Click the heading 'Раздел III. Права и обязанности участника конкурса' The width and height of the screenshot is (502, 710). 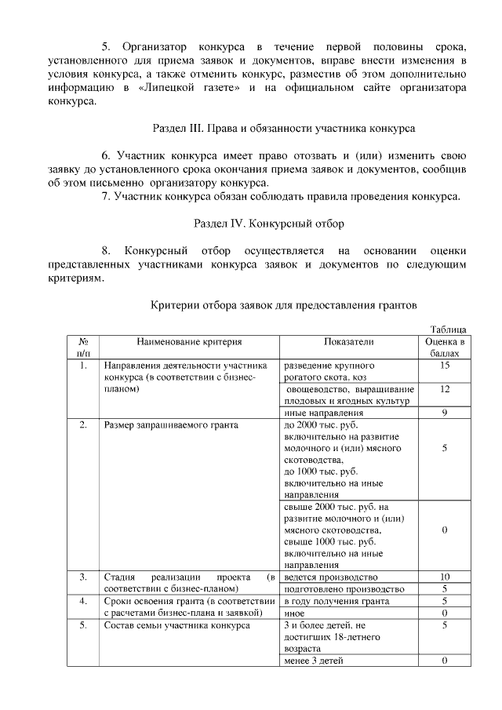pyautogui.click(x=282, y=126)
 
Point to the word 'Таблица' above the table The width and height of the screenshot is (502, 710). pyautogui.click(x=449, y=330)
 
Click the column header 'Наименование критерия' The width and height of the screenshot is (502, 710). pyautogui.click(x=189, y=342)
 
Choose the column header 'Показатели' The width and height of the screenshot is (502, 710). pyautogui.click(x=349, y=342)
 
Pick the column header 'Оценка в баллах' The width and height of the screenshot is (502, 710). pyautogui.click(x=445, y=348)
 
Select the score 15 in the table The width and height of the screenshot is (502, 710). pyautogui.click(x=445, y=366)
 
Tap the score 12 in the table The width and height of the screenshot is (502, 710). pyautogui.click(x=445, y=389)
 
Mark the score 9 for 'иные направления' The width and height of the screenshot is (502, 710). pyautogui.click(x=445, y=413)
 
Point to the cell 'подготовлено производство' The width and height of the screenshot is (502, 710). pyautogui.click(x=344, y=589)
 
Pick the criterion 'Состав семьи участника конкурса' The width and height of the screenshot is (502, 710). pyautogui.click(x=176, y=625)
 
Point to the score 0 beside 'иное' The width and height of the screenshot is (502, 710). pyautogui.click(x=445, y=613)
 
